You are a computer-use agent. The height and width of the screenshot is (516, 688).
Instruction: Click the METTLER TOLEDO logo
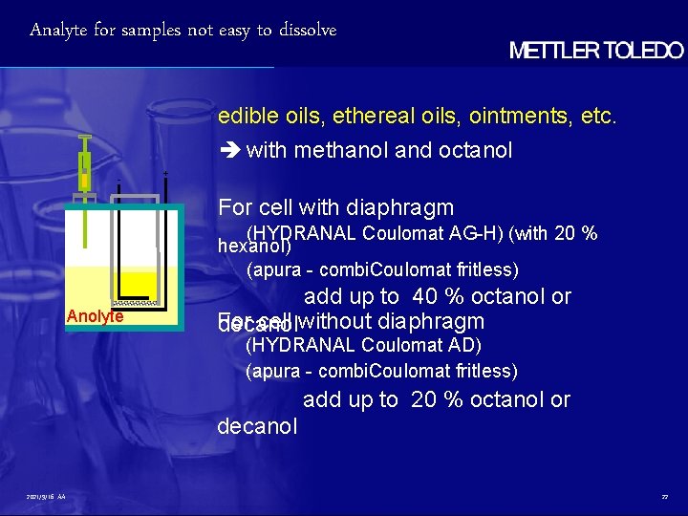[596, 51]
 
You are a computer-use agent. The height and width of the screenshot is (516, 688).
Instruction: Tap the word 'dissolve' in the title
[308, 31]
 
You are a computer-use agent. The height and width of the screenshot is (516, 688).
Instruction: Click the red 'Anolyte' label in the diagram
[95, 316]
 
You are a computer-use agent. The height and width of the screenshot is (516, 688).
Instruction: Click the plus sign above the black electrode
[166, 174]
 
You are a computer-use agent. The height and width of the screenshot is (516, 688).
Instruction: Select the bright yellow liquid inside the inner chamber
[138, 283]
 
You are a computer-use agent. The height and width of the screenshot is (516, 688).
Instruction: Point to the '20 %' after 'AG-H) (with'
[579, 234]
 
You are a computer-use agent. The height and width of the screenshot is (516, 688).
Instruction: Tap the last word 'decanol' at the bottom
[257, 426]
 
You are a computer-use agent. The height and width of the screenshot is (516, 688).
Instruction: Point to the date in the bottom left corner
[41, 497]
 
